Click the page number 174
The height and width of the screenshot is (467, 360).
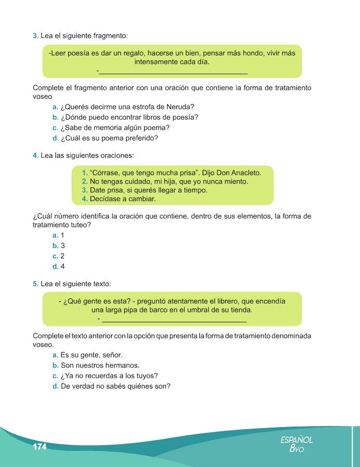pyautogui.click(x=39, y=447)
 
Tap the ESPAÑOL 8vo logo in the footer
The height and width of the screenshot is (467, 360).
pyautogui.click(x=297, y=444)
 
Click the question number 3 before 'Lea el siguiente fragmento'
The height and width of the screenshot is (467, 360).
pyautogui.click(x=35, y=36)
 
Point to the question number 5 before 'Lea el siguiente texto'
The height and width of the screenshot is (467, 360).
pyautogui.click(x=35, y=284)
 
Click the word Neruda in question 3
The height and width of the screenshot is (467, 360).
pyautogui.click(x=182, y=107)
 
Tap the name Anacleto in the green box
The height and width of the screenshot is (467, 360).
pyautogui.click(x=243, y=172)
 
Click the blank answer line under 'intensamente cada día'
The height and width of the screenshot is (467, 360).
pyautogui.click(x=173, y=73)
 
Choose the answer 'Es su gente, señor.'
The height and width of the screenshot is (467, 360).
pyautogui.click(x=91, y=355)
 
